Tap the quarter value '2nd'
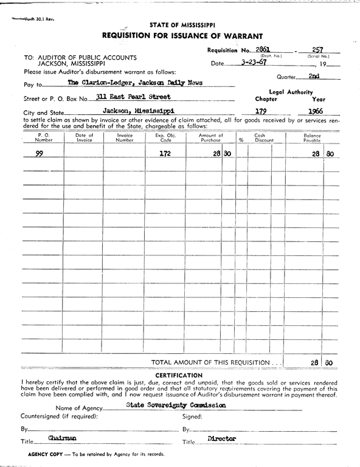(314, 76)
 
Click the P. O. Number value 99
(39, 154)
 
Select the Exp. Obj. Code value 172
(165, 154)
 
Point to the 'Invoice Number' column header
(124, 137)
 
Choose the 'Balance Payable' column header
(312, 137)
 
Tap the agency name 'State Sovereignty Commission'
(176, 404)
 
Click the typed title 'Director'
(221, 438)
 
